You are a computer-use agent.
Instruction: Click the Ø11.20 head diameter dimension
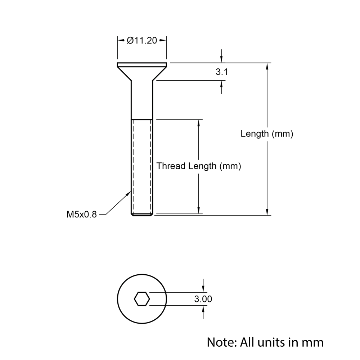pos(142,41)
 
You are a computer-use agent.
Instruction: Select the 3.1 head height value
pos(221,72)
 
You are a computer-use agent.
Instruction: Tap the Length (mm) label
pos(267,134)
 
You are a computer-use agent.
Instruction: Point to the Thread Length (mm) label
pos(198,166)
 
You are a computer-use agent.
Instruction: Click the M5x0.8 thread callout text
pos(82,215)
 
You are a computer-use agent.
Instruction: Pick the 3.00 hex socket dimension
pos(203,299)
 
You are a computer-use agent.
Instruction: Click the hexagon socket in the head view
pos(142,299)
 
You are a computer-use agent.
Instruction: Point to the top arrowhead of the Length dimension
pos(267,66)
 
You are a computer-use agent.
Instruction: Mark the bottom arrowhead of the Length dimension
pos(267,212)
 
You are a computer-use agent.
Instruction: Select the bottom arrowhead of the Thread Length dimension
pos(198,211)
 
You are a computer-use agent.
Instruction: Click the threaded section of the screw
pos(142,166)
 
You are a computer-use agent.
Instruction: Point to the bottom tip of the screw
pos(142,215)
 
